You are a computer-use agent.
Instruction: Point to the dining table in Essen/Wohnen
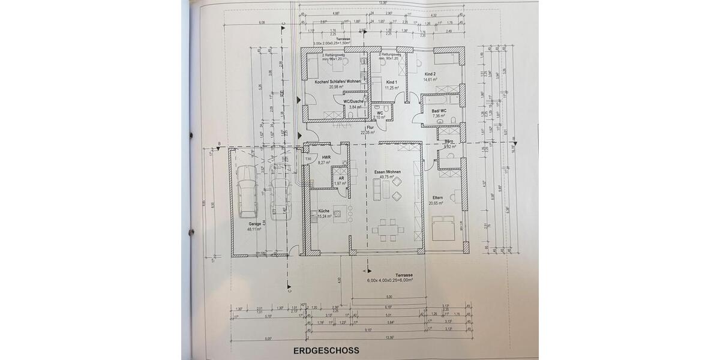pos(384,229)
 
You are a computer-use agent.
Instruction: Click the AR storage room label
pos(340,178)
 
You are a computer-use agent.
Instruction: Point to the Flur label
pos(370,128)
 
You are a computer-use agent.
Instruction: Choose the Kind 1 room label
pos(392,82)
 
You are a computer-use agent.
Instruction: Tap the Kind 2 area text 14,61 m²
pos(430,79)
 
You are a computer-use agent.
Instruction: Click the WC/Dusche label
pos(354,101)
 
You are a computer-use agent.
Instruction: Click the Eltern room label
pos(436,199)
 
